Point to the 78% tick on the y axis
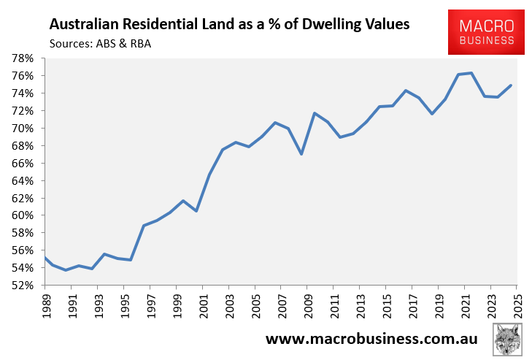pyautogui.click(x=28, y=58)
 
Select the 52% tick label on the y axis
pyautogui.click(x=28, y=286)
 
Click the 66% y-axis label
pyautogui.click(x=28, y=164)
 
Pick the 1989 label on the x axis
pyautogui.click(x=45, y=307)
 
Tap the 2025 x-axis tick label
pyautogui.click(x=517, y=307)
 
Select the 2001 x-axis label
pyautogui.click(x=202, y=307)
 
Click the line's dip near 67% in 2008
pyautogui.click(x=301, y=154)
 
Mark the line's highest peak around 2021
pyautogui.click(x=471, y=73)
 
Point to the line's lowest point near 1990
pyautogui.click(x=66, y=270)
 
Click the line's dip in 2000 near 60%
pyautogui.click(x=196, y=211)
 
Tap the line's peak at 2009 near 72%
pyautogui.click(x=315, y=113)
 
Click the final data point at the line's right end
pyautogui.click(x=510, y=85)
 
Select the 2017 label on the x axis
pyautogui.click(x=412, y=307)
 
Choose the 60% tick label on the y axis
pyautogui.click(x=28, y=215)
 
